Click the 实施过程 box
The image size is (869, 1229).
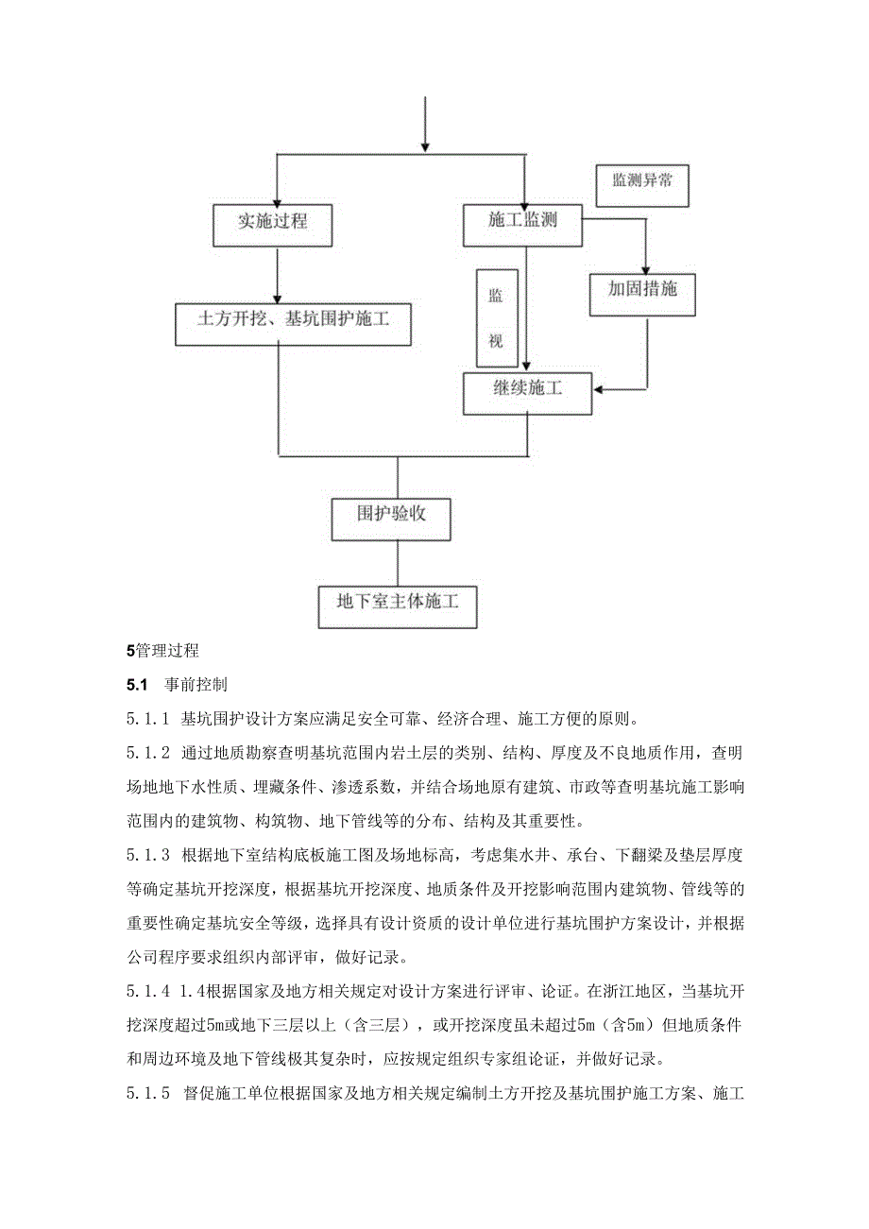273,223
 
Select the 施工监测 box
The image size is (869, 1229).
522,221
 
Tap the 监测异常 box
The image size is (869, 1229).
642,181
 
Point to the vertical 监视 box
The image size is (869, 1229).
496,317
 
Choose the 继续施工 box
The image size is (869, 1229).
526,390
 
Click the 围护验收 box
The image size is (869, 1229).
391,515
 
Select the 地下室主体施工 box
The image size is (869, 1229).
397,602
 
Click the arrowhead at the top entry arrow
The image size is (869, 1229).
425,146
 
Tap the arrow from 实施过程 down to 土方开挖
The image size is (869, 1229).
276,274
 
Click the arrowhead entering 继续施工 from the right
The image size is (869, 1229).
597,388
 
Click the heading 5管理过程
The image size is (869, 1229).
162,650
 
